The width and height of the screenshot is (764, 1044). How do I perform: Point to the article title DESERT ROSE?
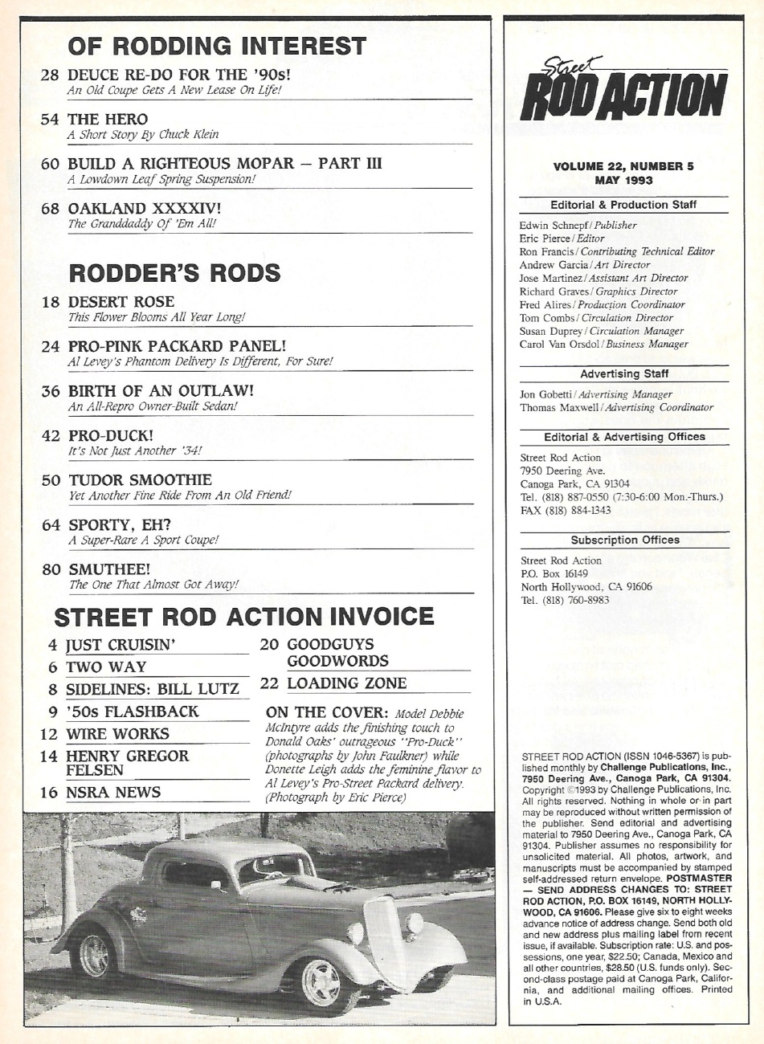click(121, 301)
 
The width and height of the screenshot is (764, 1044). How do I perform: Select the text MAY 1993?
click(623, 181)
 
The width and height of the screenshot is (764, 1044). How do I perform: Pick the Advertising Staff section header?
click(623, 373)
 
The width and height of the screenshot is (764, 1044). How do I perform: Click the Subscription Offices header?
click(624, 540)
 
